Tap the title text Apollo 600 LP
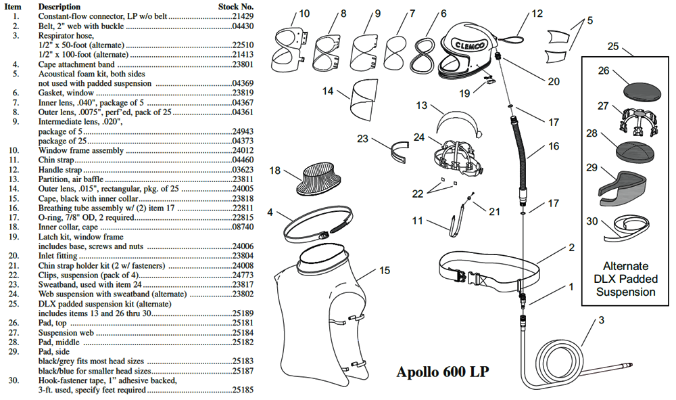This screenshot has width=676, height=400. click(442, 372)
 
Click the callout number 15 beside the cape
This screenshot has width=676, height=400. click(384, 271)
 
